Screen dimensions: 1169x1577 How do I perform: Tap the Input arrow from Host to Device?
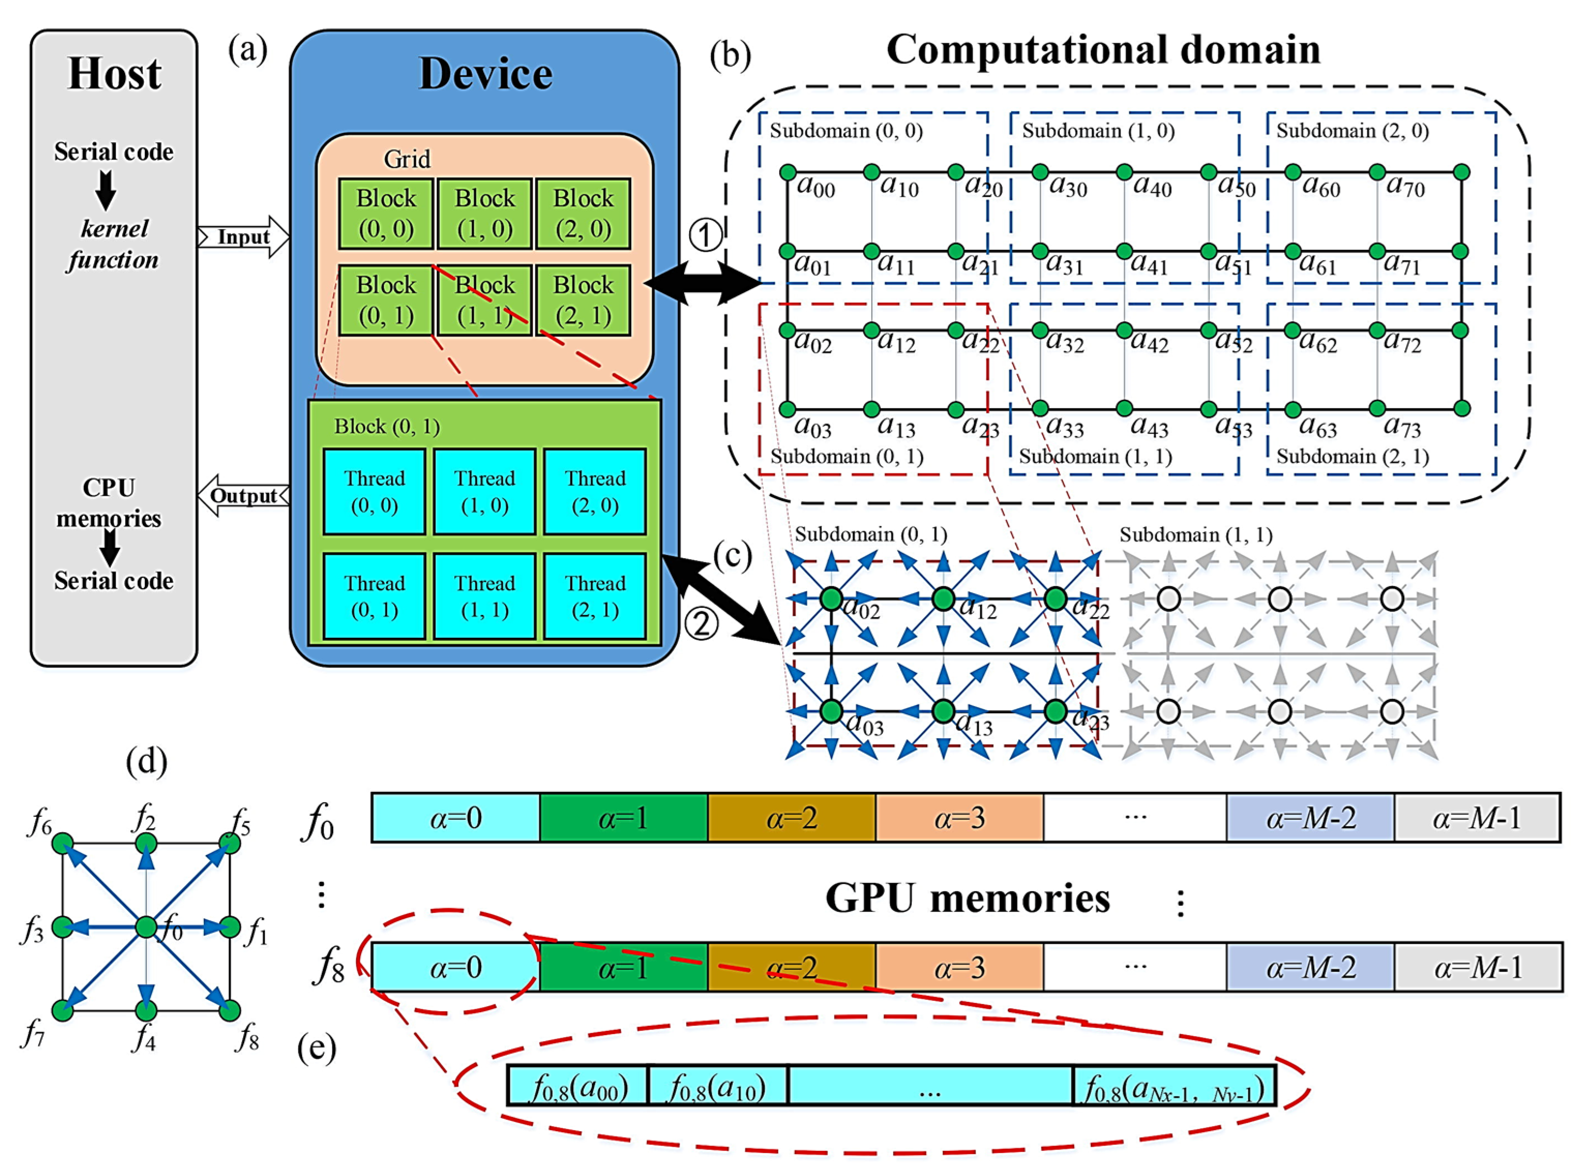click(x=243, y=237)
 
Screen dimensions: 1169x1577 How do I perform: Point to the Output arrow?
click(x=243, y=496)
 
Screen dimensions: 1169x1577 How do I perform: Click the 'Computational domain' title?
click(x=1103, y=50)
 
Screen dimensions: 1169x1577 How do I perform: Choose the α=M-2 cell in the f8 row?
click(x=1310, y=967)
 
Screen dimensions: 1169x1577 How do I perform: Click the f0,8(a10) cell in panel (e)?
click(x=717, y=1086)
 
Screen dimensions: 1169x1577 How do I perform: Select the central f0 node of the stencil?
click(x=146, y=926)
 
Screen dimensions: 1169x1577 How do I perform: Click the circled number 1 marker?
click(x=705, y=236)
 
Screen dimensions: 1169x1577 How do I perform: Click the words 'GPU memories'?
click(x=967, y=898)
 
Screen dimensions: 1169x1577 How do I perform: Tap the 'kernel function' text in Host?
click(x=113, y=244)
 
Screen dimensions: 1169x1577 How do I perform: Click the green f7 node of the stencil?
click(x=63, y=1010)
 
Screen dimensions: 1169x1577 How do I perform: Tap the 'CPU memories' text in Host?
click(x=109, y=502)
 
